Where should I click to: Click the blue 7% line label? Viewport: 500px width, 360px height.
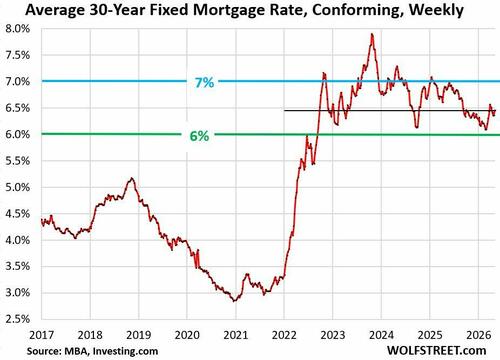pyautogui.click(x=204, y=82)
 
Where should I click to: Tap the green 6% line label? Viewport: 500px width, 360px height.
pyautogui.click(x=199, y=136)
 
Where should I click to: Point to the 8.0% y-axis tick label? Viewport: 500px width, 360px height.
pyautogui.click(x=17, y=29)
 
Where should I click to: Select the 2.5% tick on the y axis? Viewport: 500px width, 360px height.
pyautogui.click(x=17, y=319)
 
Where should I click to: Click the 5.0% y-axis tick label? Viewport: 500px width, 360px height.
pyautogui.click(x=17, y=187)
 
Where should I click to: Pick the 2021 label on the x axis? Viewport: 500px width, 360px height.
pyautogui.click(x=236, y=335)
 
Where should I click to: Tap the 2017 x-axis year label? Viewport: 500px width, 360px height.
pyautogui.click(x=42, y=335)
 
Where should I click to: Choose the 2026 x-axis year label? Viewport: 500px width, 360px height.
pyautogui.click(x=479, y=335)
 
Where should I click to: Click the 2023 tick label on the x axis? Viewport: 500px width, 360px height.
pyautogui.click(x=333, y=335)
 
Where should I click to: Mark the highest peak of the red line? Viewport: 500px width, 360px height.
pyautogui.click(x=372, y=34)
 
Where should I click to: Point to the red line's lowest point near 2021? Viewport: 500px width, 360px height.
pyautogui.click(x=234, y=301)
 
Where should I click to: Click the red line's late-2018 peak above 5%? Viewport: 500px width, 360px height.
pyautogui.click(x=132, y=178)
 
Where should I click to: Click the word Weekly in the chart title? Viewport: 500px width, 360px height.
pyautogui.click(x=436, y=10)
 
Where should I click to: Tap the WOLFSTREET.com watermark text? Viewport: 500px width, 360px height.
pyautogui.click(x=436, y=350)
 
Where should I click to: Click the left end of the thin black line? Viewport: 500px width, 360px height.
pyautogui.click(x=284, y=110)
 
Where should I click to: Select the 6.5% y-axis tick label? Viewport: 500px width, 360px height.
pyautogui.click(x=17, y=108)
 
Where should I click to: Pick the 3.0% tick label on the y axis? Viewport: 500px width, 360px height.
pyautogui.click(x=17, y=293)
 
